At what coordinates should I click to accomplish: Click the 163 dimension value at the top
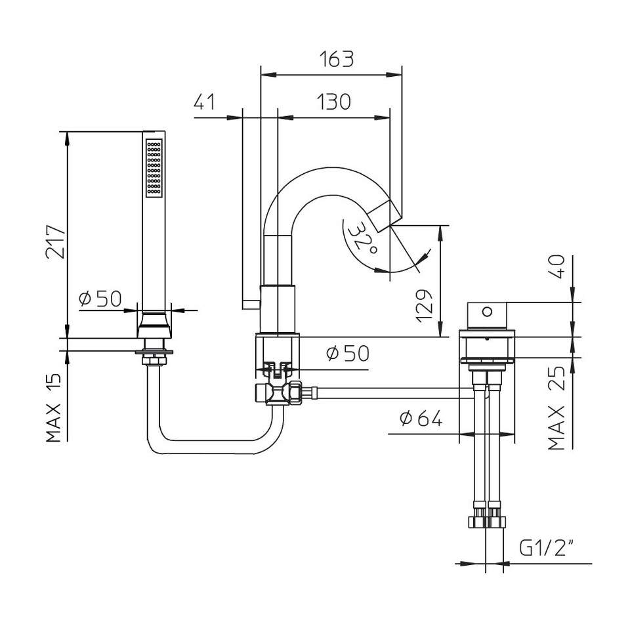point(337,59)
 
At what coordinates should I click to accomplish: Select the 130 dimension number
point(333,102)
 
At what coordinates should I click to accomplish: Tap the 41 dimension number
point(205,102)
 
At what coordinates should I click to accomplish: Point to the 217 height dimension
point(55,242)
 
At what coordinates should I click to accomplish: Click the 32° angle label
point(362,239)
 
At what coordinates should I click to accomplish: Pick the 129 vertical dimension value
point(425,306)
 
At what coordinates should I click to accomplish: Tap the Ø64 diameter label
point(421,419)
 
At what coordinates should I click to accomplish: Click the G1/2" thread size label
point(547,547)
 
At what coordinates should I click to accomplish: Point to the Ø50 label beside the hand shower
point(100,299)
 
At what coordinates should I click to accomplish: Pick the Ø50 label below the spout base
point(348,353)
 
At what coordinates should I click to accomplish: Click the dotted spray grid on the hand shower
point(154,168)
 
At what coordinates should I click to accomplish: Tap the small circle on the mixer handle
point(487,311)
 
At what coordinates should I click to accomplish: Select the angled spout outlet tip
point(386,216)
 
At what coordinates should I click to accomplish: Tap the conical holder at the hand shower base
point(154,325)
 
